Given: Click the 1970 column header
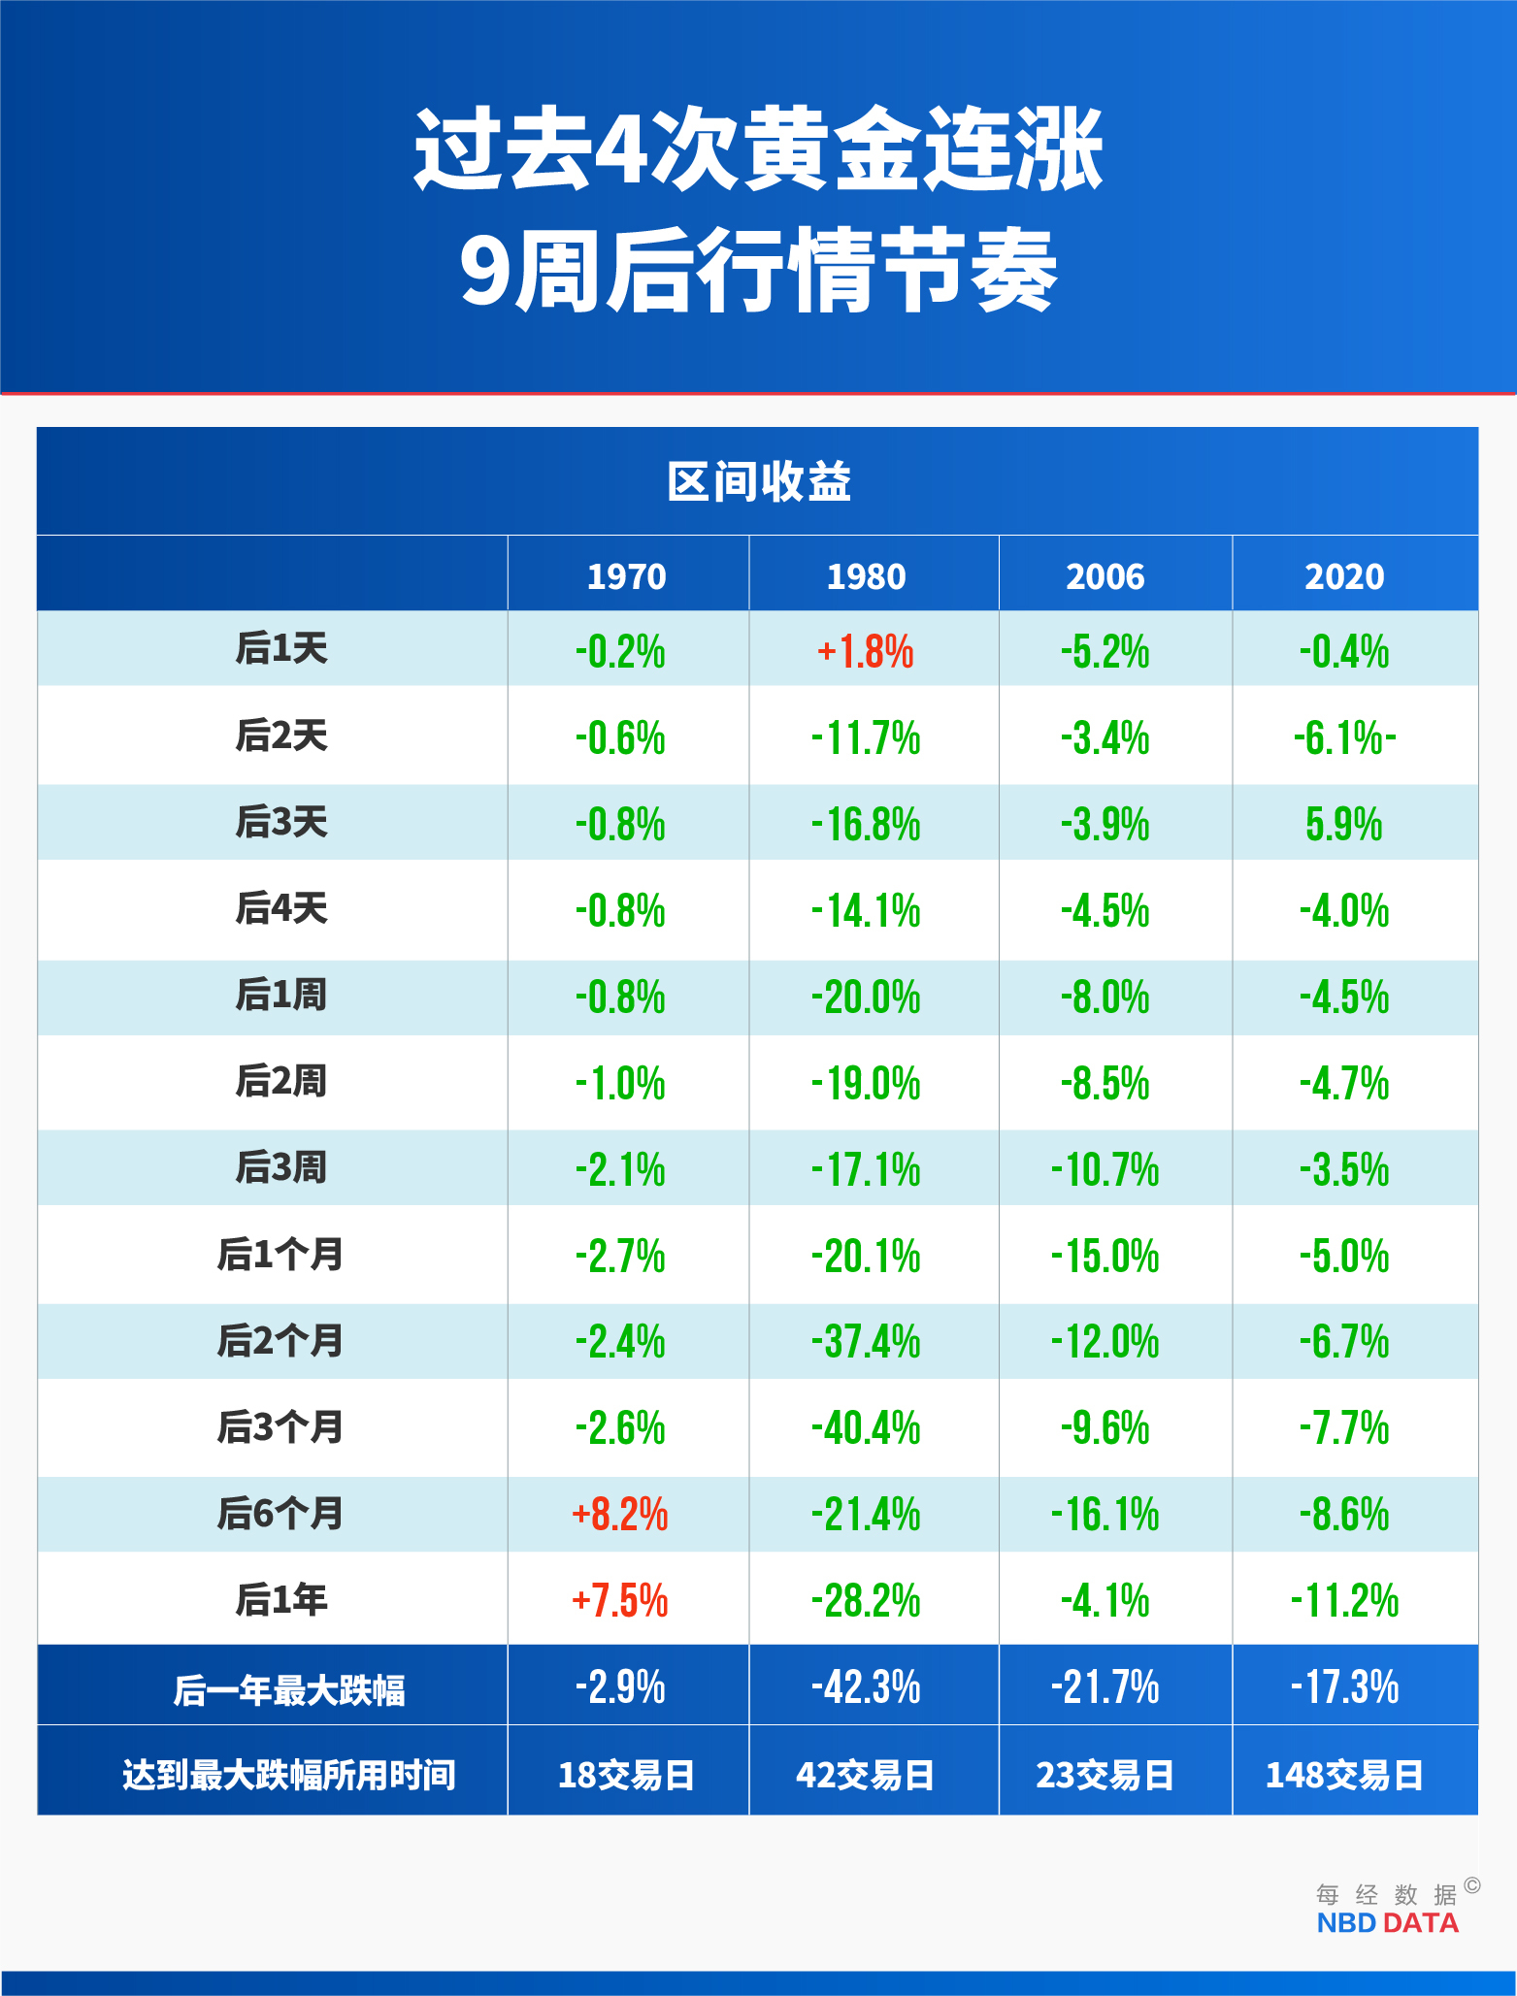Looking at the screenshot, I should [626, 576].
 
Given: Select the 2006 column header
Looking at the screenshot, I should [1105, 576].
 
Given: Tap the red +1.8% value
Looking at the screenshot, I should [865, 651].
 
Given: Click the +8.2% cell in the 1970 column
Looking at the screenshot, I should [620, 1514].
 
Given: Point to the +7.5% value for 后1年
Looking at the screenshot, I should [620, 1600].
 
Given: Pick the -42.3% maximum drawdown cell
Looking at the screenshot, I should [865, 1686].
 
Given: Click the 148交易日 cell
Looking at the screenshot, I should [1344, 1775].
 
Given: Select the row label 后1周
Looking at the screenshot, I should [280, 996].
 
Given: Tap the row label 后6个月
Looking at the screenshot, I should [280, 1514].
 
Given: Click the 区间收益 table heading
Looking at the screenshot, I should [758, 482].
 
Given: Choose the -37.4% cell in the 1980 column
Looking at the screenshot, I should [865, 1342].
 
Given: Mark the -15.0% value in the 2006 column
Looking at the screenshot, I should [1105, 1256].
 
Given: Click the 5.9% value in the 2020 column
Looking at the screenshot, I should [1344, 824].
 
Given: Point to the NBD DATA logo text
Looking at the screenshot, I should [1387, 1923].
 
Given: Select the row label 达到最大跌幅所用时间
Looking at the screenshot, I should [288, 1775].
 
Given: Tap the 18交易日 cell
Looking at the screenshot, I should [626, 1775].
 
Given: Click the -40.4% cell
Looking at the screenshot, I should [865, 1428].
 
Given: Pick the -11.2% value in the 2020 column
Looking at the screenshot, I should [1344, 1600].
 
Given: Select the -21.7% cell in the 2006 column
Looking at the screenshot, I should [1105, 1686].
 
